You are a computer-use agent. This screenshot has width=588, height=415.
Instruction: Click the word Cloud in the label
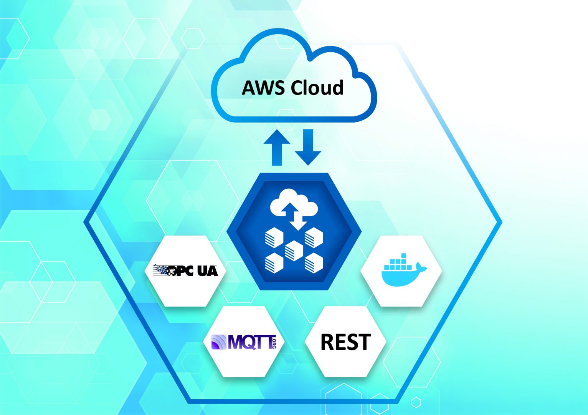point(317,88)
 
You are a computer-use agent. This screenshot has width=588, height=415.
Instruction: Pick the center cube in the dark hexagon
point(294,250)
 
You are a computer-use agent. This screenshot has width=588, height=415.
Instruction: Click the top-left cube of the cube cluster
point(274,237)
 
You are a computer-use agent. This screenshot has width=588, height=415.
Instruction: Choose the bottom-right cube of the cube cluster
point(314,263)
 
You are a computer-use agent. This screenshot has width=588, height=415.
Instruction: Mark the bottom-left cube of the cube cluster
point(274,263)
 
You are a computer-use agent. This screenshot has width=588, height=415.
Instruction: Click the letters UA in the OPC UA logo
point(208,271)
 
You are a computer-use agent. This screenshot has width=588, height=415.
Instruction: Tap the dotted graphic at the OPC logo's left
point(161,270)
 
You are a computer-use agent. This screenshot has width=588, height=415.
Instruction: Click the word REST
point(345,342)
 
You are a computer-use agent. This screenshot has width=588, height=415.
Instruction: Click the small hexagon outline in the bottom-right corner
point(416,403)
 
